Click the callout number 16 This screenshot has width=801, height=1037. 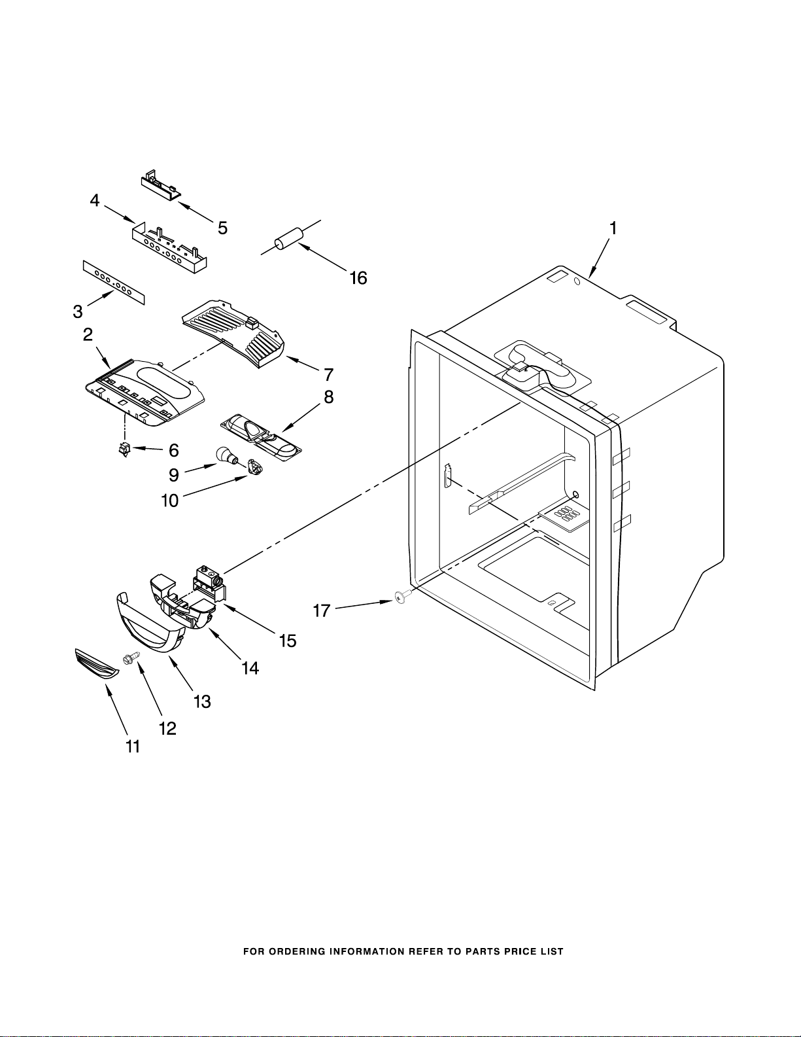click(x=358, y=278)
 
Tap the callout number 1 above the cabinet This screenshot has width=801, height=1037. click(x=613, y=228)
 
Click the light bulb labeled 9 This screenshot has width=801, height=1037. click(x=227, y=456)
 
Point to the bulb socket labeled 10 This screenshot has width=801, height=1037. click(x=254, y=466)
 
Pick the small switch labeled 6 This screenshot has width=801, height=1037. click(x=126, y=449)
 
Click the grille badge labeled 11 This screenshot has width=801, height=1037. click(x=97, y=663)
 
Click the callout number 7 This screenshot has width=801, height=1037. click(x=328, y=375)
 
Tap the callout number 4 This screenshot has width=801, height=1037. click(x=95, y=201)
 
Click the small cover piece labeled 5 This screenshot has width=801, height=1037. click(x=161, y=183)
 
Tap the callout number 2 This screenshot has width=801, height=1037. click(x=88, y=334)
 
